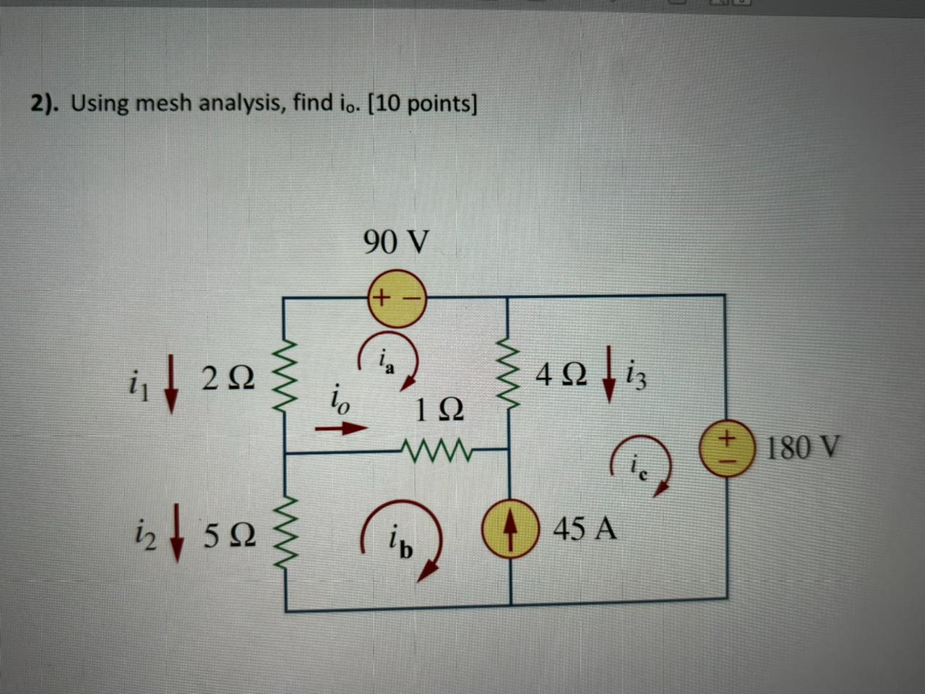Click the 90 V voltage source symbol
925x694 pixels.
(397, 297)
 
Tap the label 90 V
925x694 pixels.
(395, 242)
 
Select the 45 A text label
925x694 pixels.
(585, 529)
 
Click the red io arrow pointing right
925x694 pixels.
(340, 429)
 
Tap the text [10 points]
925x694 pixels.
(423, 103)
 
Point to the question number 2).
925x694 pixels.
(45, 103)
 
